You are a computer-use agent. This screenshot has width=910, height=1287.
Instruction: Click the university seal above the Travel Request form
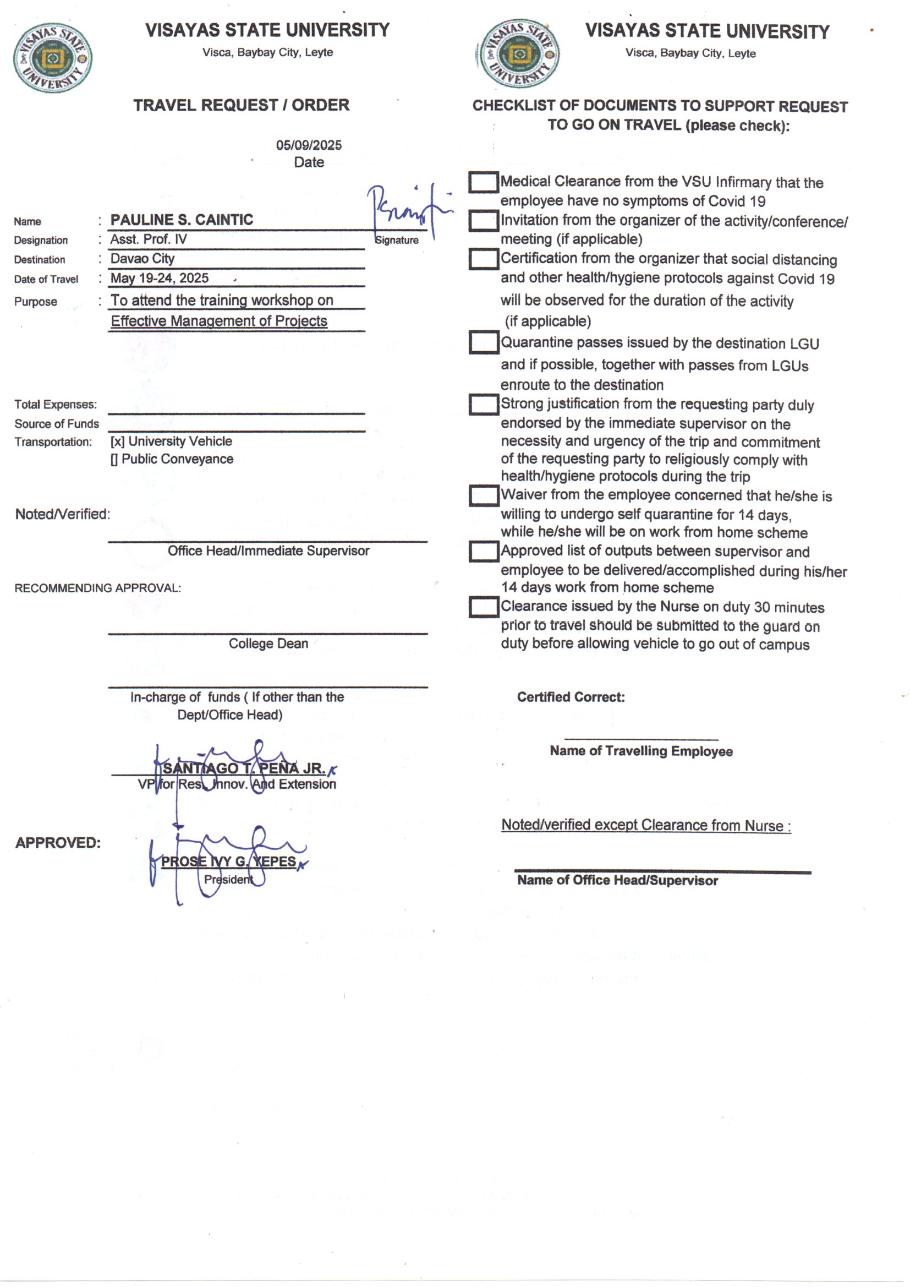tap(53, 58)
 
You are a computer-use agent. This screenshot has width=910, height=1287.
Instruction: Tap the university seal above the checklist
tap(519, 54)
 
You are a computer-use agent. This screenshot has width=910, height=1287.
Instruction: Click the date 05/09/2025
tap(309, 145)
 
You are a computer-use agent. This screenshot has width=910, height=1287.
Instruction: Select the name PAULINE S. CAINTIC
tap(182, 220)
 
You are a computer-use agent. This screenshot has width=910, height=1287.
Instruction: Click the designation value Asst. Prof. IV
tap(149, 239)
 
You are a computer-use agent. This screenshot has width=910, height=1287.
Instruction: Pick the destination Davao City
tap(142, 258)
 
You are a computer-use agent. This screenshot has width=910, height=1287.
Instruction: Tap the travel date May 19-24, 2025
tap(159, 278)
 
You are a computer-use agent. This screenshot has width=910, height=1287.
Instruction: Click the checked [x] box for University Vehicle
tap(117, 441)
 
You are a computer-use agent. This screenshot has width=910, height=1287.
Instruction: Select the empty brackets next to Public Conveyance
tap(114, 459)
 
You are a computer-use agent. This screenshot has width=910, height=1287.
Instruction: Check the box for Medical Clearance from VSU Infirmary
tap(484, 182)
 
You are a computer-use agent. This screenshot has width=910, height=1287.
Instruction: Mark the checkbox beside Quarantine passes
tap(484, 342)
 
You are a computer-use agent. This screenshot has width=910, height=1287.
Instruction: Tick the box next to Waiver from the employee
tap(484, 495)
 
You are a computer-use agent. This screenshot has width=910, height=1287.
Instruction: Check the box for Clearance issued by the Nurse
tap(484, 607)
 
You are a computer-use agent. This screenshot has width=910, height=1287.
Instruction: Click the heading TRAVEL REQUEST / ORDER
tap(241, 105)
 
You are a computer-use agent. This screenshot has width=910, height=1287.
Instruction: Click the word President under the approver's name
tap(229, 880)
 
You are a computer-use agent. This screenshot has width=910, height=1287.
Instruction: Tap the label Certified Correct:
tap(571, 697)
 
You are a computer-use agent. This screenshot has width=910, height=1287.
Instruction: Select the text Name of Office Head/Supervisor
tap(617, 881)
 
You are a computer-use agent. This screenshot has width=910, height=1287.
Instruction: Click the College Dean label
tap(268, 643)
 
